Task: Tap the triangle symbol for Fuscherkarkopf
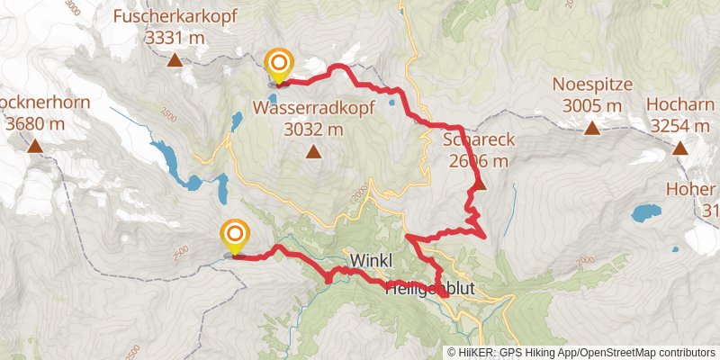pyautogui.click(x=174, y=60)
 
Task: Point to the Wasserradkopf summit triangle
pyautogui.click(x=313, y=151)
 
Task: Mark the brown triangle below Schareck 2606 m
pyautogui.click(x=479, y=185)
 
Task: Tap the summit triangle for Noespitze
pyautogui.click(x=593, y=129)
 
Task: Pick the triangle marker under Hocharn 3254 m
pyautogui.click(x=679, y=148)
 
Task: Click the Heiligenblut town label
pyautogui.click(x=429, y=290)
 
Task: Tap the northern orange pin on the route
pyautogui.click(x=280, y=62)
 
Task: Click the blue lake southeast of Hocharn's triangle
pyautogui.click(x=645, y=213)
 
